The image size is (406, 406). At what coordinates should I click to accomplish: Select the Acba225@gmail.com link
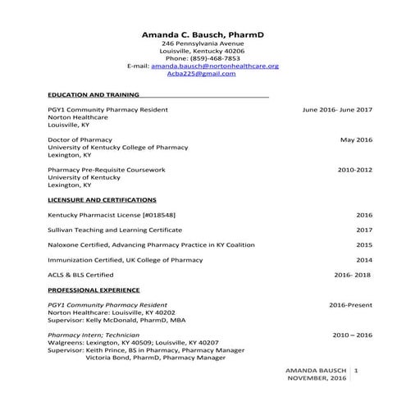[201, 73]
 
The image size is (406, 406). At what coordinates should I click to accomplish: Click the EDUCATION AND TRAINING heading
[94, 94]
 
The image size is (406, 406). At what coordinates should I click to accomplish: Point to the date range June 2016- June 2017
[337, 109]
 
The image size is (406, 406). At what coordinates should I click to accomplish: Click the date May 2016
[356, 139]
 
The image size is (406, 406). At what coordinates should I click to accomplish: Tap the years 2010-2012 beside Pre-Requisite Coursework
[355, 170]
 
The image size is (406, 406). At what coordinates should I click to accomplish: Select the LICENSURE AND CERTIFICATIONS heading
[102, 199]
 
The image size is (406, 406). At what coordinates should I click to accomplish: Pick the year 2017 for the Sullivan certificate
[364, 230]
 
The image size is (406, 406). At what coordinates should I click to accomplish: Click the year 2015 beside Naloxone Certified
[364, 244]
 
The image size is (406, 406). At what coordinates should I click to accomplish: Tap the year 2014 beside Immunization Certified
[364, 259]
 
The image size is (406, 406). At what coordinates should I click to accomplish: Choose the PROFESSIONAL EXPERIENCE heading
[94, 290]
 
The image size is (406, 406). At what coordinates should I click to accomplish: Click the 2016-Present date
[350, 305]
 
